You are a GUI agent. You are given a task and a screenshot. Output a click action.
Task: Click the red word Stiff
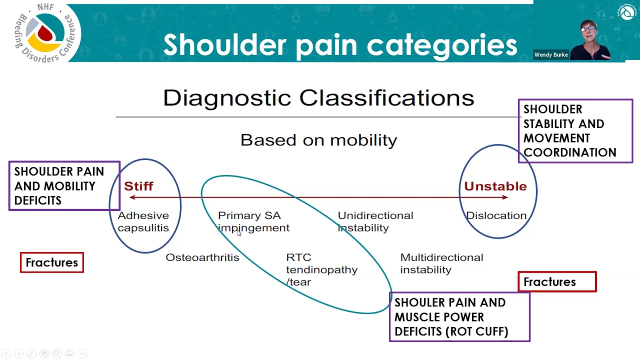138,186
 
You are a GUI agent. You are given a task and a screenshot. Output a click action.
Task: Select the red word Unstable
495,186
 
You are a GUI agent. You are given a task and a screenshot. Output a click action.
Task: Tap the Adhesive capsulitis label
143,221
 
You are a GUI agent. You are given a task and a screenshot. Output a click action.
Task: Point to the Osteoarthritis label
202,257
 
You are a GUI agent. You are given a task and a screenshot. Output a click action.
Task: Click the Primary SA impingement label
253,221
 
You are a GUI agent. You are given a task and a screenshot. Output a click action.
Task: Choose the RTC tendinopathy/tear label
321,269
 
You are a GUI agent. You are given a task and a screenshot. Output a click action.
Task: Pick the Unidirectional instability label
375,221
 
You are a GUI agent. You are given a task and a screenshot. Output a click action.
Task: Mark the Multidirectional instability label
441,263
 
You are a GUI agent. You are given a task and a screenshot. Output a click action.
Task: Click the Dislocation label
496,215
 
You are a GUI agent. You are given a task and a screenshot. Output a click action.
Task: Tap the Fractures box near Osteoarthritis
52,262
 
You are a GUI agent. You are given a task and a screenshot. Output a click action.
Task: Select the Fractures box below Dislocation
557,282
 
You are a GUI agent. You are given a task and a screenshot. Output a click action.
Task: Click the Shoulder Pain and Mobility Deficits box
64,186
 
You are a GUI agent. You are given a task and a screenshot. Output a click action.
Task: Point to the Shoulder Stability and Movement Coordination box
575,131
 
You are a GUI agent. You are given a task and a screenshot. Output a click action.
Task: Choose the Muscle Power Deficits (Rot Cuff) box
459,317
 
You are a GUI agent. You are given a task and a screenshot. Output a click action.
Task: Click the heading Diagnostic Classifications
318,98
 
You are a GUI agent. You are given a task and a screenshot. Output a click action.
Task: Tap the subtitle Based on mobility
318,140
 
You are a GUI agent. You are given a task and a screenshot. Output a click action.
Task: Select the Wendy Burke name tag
551,55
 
